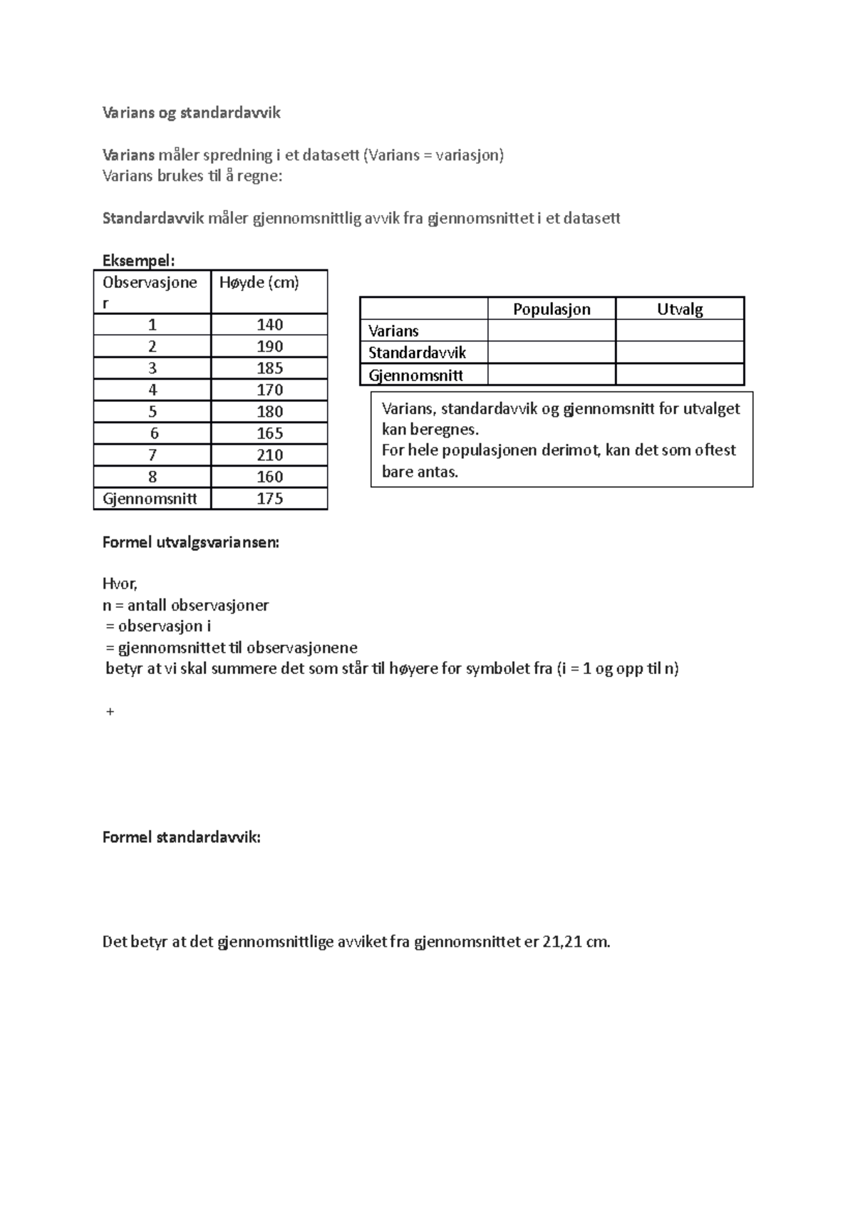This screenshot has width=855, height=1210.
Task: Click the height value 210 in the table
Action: (x=269, y=455)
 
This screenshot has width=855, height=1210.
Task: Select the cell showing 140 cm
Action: (x=269, y=324)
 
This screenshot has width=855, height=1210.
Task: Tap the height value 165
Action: (x=269, y=433)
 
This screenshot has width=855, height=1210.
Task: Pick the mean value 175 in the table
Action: (x=269, y=498)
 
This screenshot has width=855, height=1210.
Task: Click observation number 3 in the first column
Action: (x=152, y=368)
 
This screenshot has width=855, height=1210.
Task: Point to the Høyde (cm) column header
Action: (x=259, y=282)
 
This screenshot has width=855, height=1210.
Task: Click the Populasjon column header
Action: (x=551, y=309)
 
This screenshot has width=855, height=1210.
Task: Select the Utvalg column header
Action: (x=680, y=309)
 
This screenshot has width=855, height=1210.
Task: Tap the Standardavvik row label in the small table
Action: (x=417, y=353)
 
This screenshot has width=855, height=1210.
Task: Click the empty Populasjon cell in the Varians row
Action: (x=551, y=331)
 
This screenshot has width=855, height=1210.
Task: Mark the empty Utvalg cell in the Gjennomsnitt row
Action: (x=680, y=375)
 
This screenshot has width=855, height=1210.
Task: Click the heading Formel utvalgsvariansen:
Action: (x=191, y=542)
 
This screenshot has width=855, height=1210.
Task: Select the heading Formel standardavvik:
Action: (x=182, y=837)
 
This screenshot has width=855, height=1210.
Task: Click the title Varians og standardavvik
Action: (x=192, y=113)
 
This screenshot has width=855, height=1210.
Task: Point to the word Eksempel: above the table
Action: (x=138, y=260)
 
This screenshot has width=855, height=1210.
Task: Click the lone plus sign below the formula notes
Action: (x=110, y=711)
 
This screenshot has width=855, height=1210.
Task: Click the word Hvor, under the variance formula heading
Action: (x=120, y=584)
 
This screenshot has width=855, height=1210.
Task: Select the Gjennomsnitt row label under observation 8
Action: (x=150, y=498)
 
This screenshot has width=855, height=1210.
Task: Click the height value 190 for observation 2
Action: (x=269, y=346)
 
